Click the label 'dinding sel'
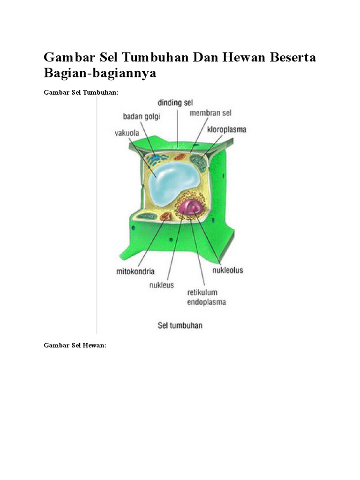tap(175, 102)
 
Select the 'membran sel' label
tap(210, 113)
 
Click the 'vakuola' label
tap(127, 133)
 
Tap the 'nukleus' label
tap(162, 285)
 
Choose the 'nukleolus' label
tap(227, 270)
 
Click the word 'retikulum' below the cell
tap(202, 292)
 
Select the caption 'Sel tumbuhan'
tap(180, 325)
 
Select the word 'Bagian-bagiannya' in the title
tap(99, 74)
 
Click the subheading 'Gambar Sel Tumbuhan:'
tap(81, 93)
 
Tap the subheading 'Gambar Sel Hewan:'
tap(75, 345)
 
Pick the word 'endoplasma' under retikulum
tap(207, 302)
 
